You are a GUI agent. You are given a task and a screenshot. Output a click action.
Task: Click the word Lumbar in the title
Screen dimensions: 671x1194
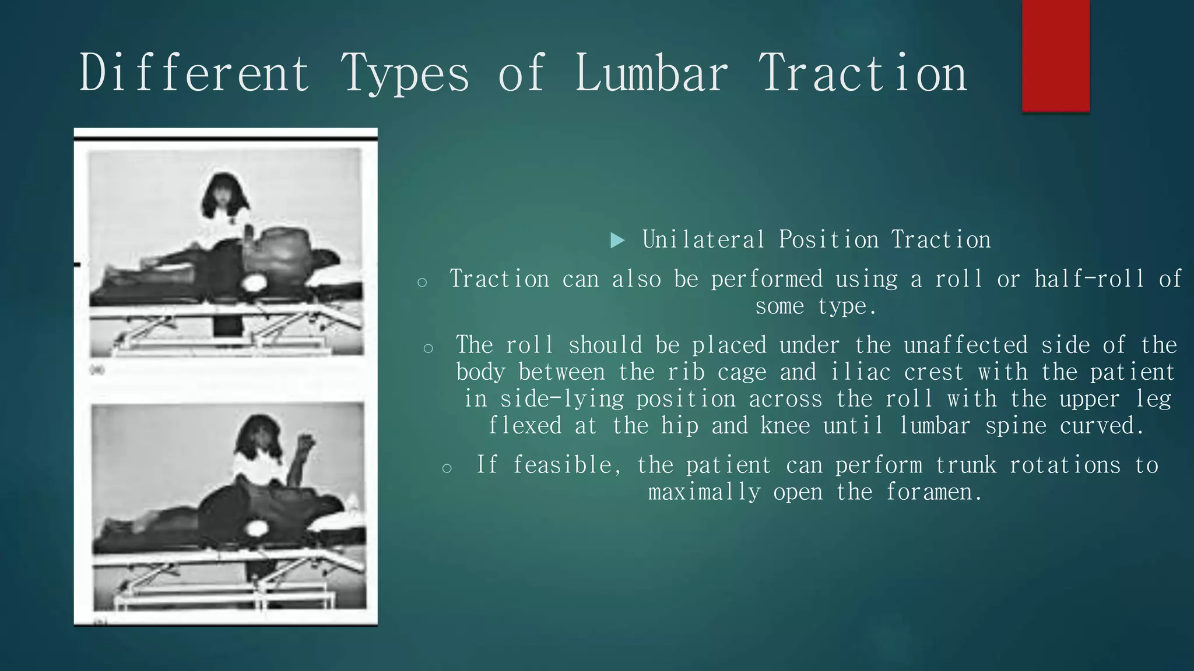click(651, 73)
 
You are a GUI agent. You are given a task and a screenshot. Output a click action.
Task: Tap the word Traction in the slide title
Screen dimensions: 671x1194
click(862, 73)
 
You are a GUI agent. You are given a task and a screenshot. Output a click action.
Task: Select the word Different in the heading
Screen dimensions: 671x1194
click(194, 73)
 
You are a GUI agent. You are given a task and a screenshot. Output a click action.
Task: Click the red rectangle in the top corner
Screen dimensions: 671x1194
click(1055, 55)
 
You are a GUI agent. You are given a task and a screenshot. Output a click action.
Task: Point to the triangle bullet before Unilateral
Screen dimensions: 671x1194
click(617, 240)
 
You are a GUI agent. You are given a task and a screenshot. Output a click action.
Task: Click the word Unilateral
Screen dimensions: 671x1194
click(703, 240)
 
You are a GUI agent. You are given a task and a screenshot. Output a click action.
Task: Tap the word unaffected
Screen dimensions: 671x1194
click(965, 345)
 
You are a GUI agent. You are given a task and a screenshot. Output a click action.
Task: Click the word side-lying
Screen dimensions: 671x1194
click(561, 399)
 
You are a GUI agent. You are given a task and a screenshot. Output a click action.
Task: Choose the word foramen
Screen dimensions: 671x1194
click(933, 492)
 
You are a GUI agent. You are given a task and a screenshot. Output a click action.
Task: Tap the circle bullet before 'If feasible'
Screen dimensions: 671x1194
click(447, 468)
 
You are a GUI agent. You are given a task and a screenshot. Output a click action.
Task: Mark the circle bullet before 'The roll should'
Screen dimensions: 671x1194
click(429, 348)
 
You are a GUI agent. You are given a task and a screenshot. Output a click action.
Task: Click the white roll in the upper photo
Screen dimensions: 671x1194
click(255, 284)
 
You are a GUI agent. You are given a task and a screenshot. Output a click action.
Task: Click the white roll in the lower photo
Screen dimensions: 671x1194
click(257, 529)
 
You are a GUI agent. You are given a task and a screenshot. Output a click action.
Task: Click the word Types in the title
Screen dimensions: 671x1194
click(405, 73)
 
